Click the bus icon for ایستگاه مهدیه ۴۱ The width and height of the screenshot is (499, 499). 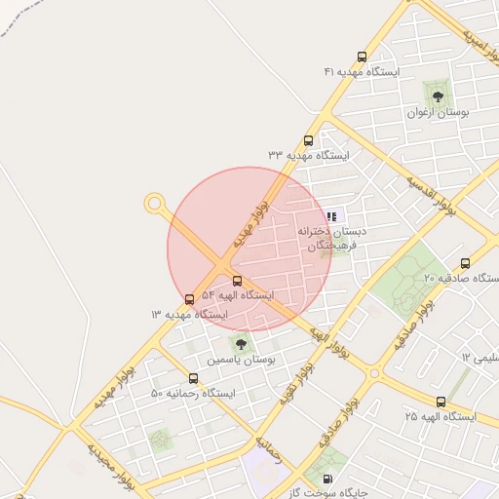click(363, 58)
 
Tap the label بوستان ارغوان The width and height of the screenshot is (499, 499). click(438, 112)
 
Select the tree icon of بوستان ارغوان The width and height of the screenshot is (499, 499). click(438, 96)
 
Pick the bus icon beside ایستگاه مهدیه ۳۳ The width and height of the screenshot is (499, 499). click(309, 140)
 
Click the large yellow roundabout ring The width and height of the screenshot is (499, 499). click(154, 204)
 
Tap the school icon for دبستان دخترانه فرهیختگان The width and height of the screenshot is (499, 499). click(332, 216)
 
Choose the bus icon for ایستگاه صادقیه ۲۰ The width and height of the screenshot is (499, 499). click(465, 263)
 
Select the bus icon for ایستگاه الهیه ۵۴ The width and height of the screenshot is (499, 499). click(238, 281)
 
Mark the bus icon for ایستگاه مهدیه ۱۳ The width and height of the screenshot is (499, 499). click(189, 299)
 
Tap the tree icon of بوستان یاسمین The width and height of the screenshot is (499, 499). click(241, 344)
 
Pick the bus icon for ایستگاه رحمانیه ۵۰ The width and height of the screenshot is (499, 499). click(193, 378)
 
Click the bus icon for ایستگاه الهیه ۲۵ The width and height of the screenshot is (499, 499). click(441, 402)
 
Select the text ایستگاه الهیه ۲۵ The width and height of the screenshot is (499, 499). click(441, 417)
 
